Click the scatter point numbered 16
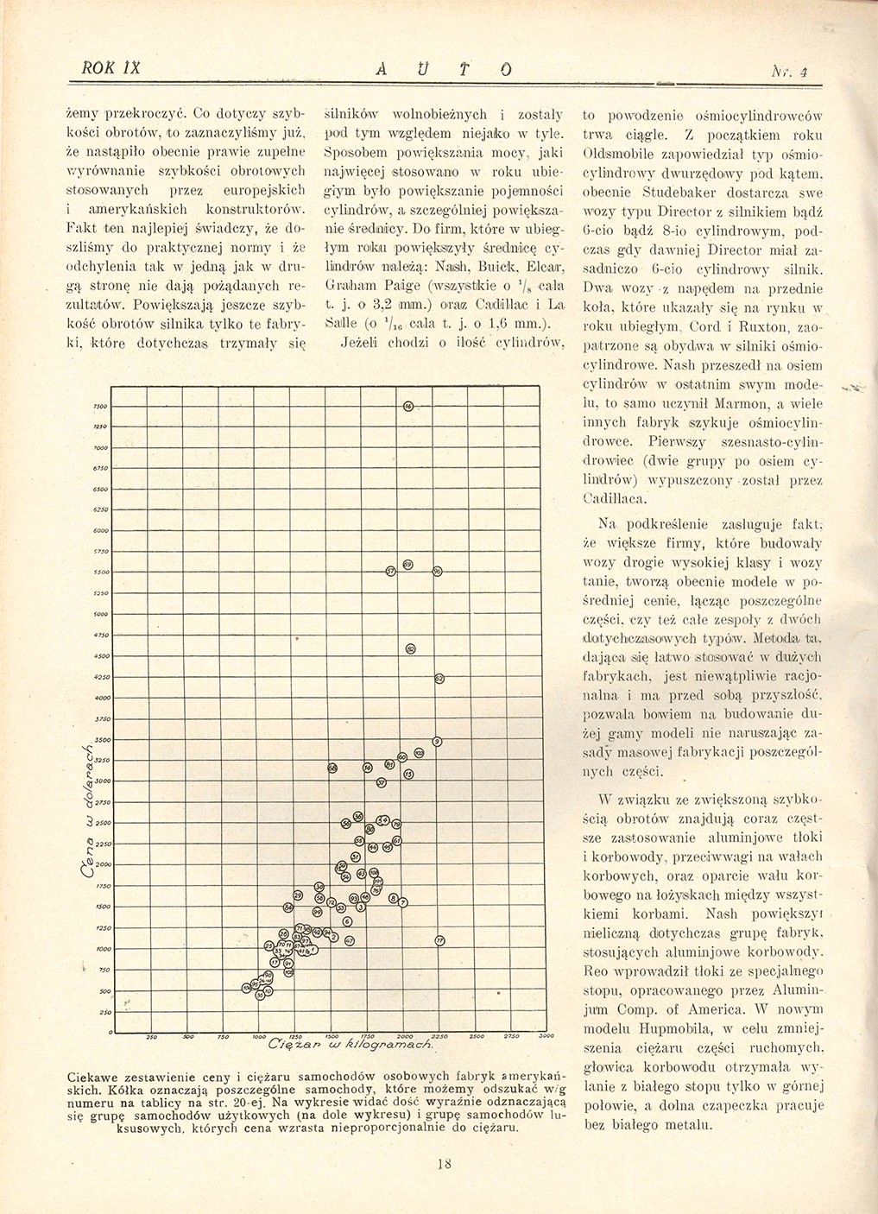tap(407, 407)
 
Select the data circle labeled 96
tap(438, 572)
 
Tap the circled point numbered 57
tap(390, 572)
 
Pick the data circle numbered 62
tap(439, 679)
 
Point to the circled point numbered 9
tap(438, 742)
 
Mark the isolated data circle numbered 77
tap(439, 941)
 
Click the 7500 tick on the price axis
tap(100, 407)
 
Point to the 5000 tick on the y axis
tap(100, 615)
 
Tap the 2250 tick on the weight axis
tap(439, 1036)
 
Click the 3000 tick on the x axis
tap(544, 1036)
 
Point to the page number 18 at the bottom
tap(445, 1163)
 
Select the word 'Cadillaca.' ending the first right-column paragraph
tap(611, 498)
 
